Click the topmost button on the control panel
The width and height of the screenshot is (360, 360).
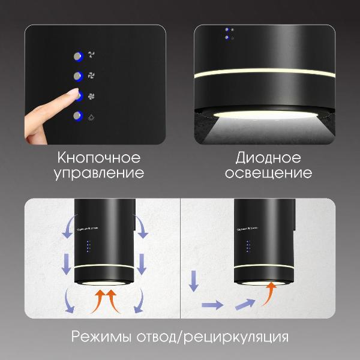tap(77, 56)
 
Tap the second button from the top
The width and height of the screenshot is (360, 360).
tap(77, 76)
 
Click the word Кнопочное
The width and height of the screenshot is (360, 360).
tap(99, 158)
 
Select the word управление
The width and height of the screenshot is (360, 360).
tap(99, 173)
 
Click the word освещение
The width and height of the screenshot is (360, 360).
tap(265, 173)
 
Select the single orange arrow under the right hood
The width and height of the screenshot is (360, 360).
tap(271, 293)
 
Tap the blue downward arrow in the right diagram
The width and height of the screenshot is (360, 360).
tap(193, 281)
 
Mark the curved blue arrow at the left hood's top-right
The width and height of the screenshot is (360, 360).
tap(142, 229)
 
